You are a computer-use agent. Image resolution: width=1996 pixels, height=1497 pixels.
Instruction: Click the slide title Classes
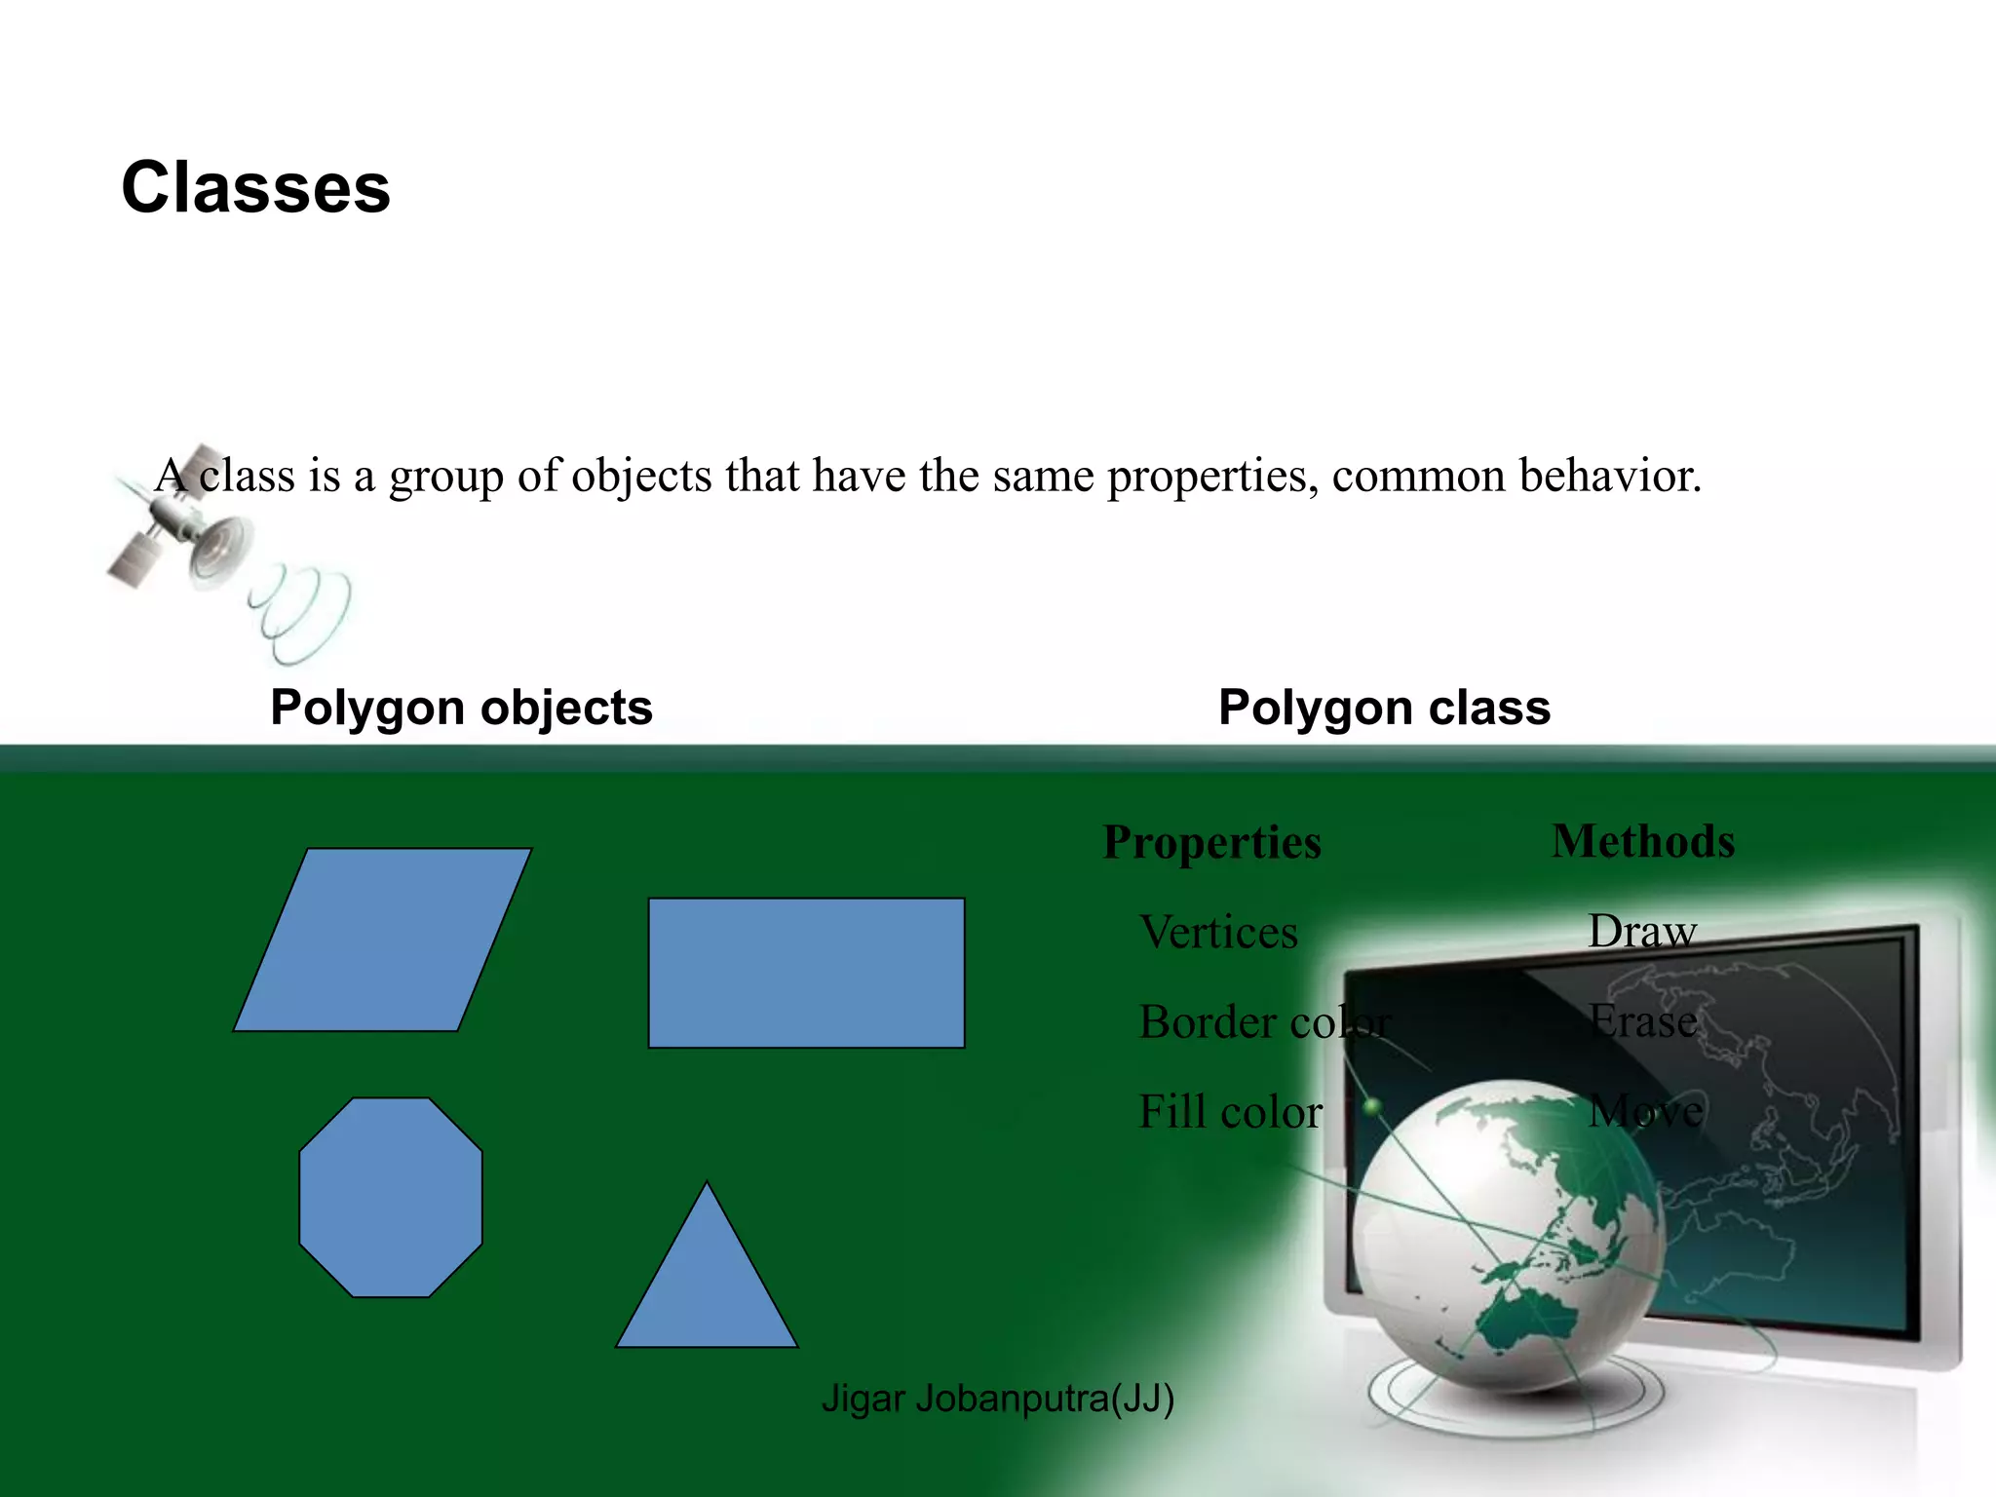click(255, 187)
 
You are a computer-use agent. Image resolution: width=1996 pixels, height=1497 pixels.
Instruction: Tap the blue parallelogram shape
click(382, 940)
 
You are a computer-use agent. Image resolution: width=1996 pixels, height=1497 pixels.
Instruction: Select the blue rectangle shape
click(806, 973)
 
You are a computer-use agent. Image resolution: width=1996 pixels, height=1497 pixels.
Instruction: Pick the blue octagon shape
click(391, 1197)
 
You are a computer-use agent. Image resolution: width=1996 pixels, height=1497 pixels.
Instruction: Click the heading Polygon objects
click(461, 708)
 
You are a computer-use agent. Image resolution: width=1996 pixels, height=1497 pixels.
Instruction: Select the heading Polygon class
click(1384, 708)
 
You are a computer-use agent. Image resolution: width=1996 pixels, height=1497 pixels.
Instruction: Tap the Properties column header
click(1211, 842)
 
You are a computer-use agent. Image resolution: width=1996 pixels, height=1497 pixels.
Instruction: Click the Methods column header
click(1643, 841)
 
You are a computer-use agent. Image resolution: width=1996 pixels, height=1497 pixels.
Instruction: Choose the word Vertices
click(1218, 933)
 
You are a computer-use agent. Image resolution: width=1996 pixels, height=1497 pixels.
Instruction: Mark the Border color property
click(1264, 1022)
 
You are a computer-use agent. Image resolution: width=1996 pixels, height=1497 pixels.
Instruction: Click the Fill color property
click(1230, 1112)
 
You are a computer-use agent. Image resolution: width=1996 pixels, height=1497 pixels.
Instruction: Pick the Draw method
click(1642, 932)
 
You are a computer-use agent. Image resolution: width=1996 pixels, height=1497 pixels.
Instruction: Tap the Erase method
click(1642, 1021)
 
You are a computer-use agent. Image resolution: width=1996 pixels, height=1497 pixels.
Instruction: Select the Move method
click(1645, 1111)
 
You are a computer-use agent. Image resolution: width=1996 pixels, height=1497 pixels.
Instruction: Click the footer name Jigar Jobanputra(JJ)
click(997, 1399)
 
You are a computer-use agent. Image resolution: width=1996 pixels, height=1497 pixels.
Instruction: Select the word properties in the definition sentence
click(1212, 477)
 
